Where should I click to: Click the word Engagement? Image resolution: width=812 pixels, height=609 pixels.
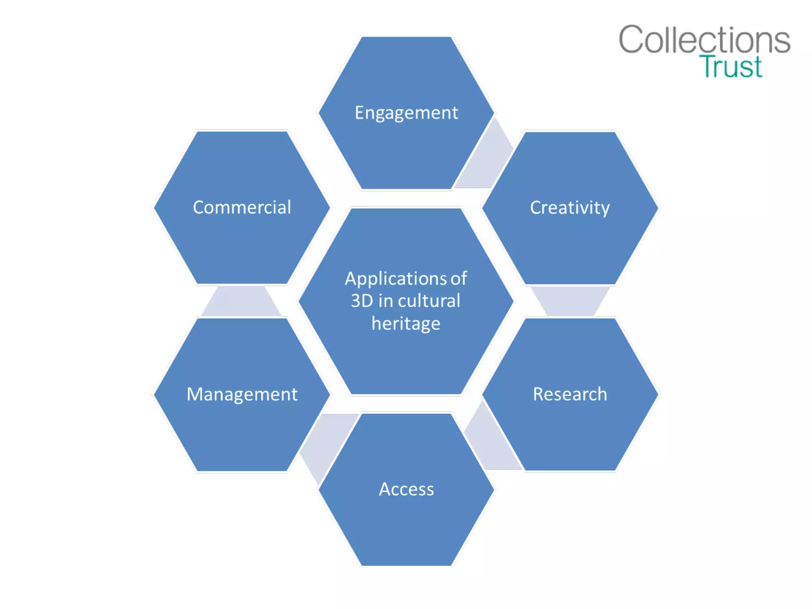tap(406, 113)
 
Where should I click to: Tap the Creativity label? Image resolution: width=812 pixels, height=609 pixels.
tap(570, 208)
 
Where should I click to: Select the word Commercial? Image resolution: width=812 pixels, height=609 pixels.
tap(242, 207)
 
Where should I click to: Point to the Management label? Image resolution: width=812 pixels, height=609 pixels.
tap(242, 395)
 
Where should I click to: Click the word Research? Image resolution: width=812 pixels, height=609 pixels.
tap(570, 394)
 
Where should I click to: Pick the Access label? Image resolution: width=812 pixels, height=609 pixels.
tap(406, 489)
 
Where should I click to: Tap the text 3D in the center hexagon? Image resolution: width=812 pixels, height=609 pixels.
tap(362, 301)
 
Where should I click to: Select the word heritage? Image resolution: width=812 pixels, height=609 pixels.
tap(406, 324)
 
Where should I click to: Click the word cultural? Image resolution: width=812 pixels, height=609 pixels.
tap(429, 301)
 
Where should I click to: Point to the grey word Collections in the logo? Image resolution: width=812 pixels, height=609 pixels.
tap(705, 39)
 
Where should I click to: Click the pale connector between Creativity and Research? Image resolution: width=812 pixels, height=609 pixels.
tap(570, 301)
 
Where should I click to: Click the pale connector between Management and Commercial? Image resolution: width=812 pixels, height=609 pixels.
tap(241, 301)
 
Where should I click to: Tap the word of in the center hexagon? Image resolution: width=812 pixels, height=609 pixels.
tap(459, 279)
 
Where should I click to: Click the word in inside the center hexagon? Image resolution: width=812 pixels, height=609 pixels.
tap(385, 301)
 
